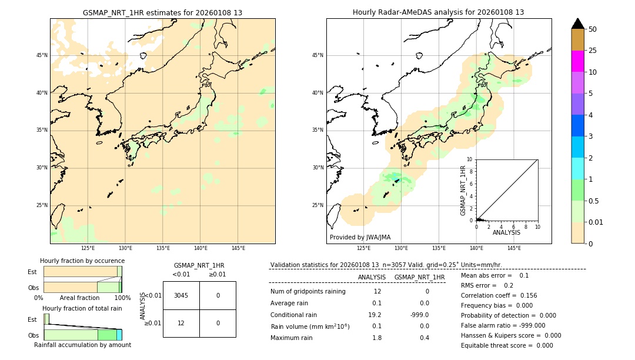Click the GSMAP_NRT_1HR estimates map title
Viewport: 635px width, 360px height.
pos(162,12)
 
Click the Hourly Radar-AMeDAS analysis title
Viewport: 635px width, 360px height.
pos(438,12)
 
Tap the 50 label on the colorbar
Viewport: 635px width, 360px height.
pos(593,29)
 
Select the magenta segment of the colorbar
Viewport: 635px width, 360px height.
pos(577,61)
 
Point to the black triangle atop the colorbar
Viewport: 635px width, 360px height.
pos(577,24)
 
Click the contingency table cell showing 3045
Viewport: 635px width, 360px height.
pos(181,295)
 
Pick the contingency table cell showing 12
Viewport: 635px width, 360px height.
pos(181,323)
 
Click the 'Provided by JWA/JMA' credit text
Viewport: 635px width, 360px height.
pos(360,237)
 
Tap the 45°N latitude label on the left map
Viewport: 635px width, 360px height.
pos(42,55)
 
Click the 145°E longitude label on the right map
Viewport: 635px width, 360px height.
pos(514,248)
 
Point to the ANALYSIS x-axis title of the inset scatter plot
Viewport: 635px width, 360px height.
pos(506,232)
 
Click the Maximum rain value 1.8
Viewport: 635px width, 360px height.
pos(377,338)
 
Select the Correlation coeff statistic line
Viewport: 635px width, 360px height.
pos(499,295)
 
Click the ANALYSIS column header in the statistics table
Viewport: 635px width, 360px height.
pos(372,277)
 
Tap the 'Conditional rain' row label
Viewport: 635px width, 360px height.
pos(293,315)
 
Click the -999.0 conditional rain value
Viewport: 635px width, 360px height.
pos(419,315)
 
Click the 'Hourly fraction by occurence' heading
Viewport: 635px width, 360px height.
pos(82,261)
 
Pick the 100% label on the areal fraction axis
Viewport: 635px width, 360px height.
pos(122,298)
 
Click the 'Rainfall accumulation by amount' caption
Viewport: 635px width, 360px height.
pos(82,345)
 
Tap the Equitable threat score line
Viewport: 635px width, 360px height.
pos(507,345)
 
